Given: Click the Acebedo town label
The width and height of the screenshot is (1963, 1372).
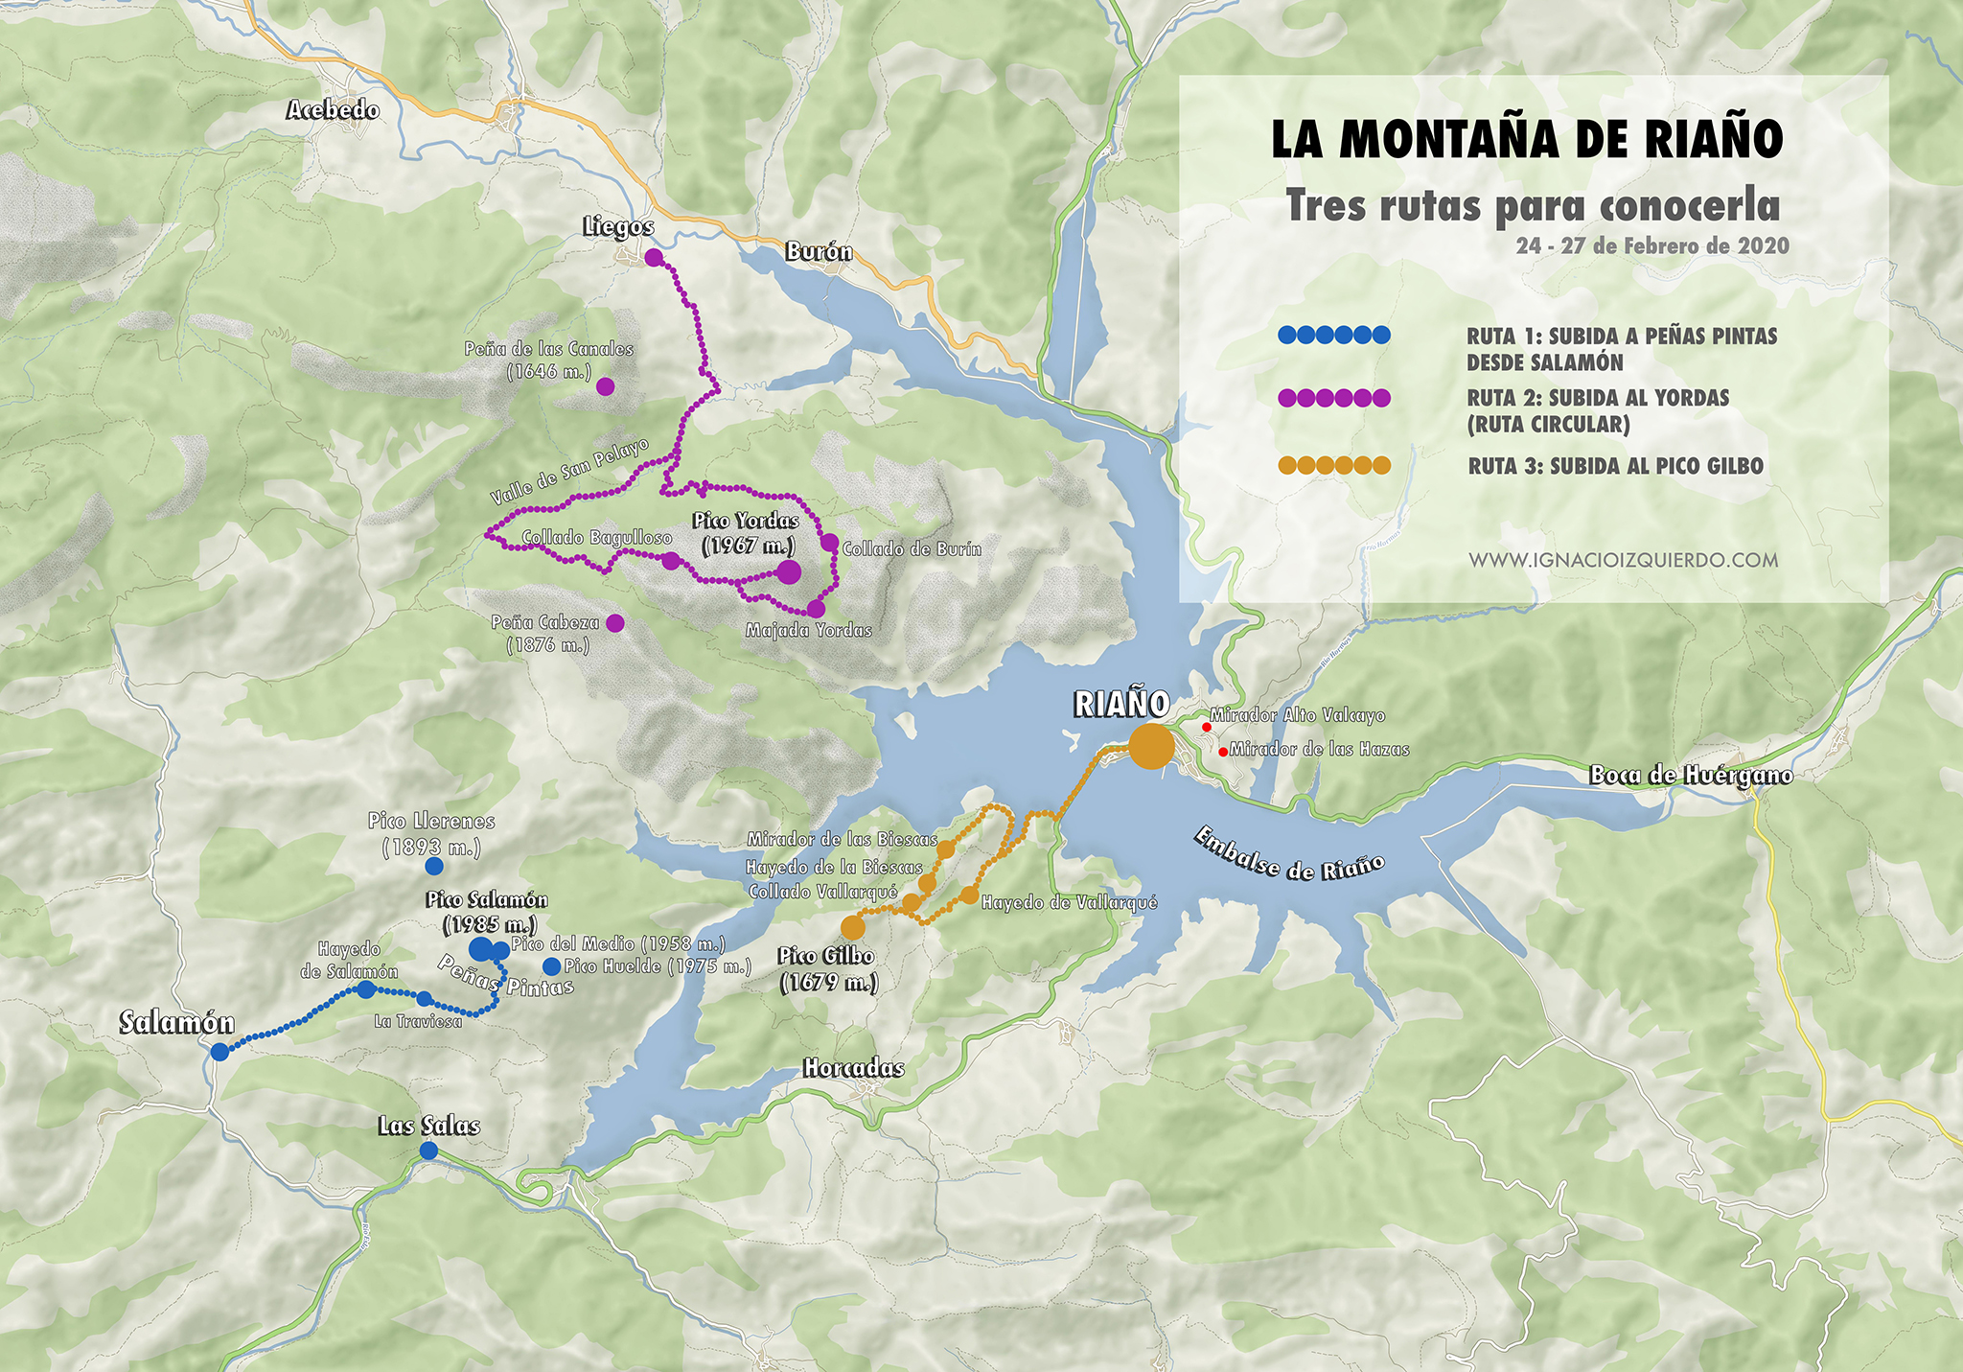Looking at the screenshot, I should pyautogui.click(x=333, y=110).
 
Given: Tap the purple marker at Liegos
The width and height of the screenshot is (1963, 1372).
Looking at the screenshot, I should pyautogui.click(x=654, y=257).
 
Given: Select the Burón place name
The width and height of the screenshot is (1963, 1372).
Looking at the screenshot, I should pyautogui.click(x=819, y=252).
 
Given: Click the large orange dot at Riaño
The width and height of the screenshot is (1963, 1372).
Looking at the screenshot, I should pyautogui.click(x=1150, y=746).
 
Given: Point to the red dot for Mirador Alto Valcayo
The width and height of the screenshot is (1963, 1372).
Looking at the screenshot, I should pyautogui.click(x=1206, y=727).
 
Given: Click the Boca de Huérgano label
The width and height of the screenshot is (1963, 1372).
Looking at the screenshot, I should pyautogui.click(x=1691, y=775).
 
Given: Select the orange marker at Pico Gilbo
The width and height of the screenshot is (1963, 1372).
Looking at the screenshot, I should pyautogui.click(x=852, y=927).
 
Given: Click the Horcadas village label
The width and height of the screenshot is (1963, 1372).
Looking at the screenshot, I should pyautogui.click(x=853, y=1068).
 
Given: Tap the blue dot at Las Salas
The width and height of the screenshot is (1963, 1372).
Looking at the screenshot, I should pyautogui.click(x=428, y=1150).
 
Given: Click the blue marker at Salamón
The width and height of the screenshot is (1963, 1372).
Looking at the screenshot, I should pyautogui.click(x=219, y=1052).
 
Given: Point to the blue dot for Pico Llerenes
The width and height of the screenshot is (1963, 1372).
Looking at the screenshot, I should pyautogui.click(x=433, y=866).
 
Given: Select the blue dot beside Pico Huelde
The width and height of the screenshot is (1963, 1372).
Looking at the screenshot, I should pyautogui.click(x=551, y=966).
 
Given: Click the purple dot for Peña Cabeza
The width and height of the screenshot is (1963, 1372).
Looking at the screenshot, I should pyautogui.click(x=615, y=623).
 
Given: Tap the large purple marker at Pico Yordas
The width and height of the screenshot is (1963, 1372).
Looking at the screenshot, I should pyautogui.click(x=789, y=572).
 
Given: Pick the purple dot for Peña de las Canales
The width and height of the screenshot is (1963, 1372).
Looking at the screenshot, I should pyautogui.click(x=605, y=386).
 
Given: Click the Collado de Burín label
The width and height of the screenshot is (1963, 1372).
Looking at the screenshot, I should pyautogui.click(x=912, y=549).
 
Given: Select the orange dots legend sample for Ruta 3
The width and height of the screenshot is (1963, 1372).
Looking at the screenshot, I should pyautogui.click(x=1334, y=466).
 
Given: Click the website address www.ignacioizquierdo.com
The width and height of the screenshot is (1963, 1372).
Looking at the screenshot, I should pyautogui.click(x=1623, y=560).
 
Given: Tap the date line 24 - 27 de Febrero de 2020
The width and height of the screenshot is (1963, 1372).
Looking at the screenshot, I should pyautogui.click(x=1652, y=246).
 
